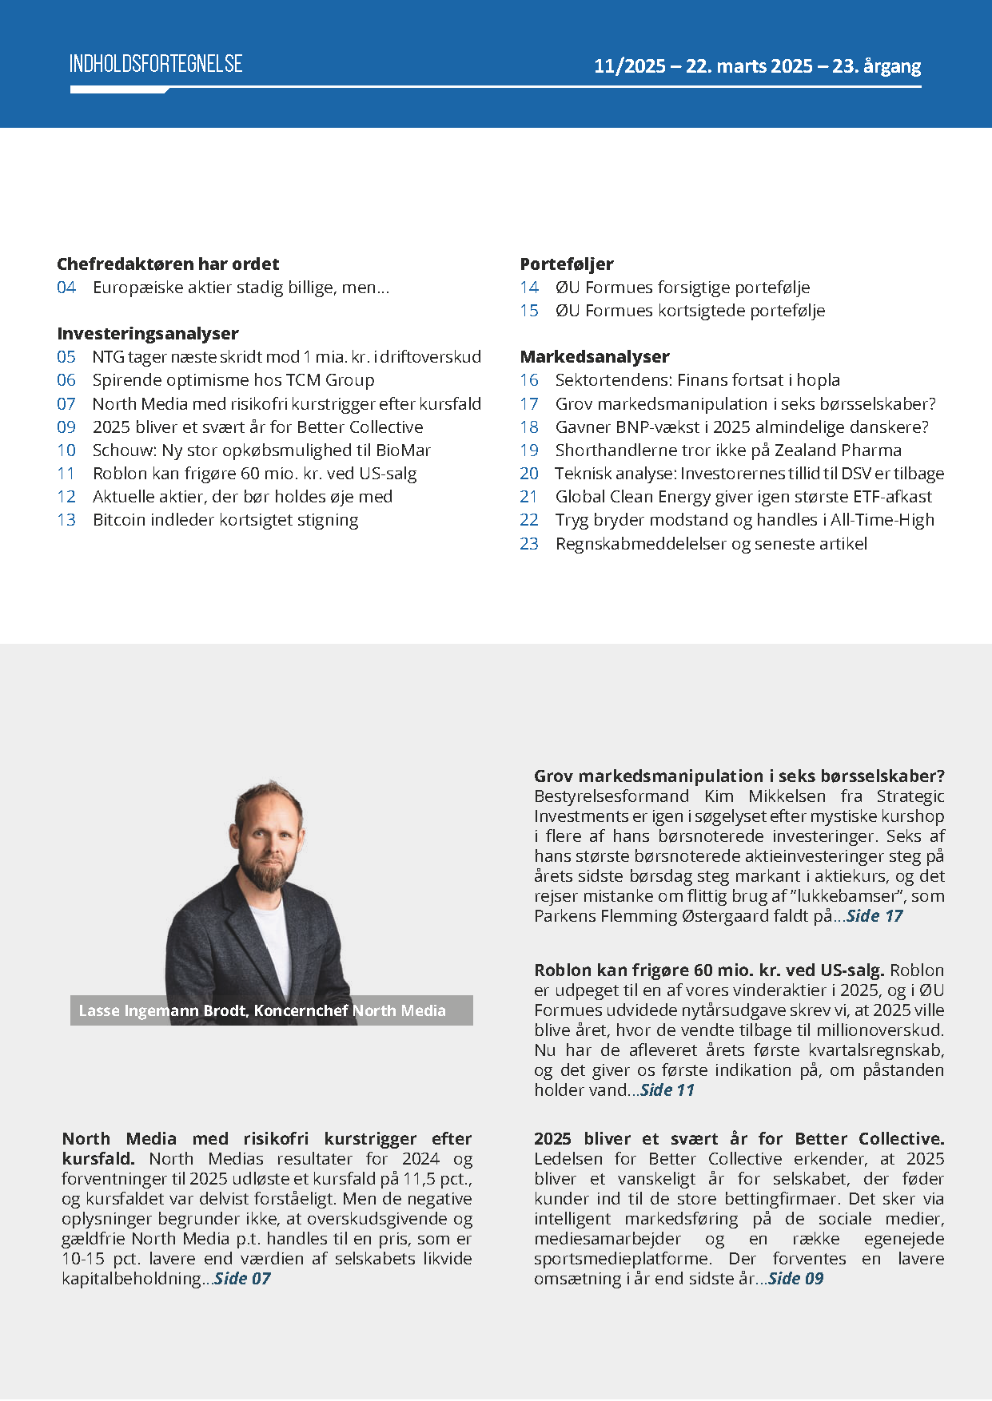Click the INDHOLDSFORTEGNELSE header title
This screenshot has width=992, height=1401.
tap(156, 64)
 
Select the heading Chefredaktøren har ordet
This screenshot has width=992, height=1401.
tap(168, 264)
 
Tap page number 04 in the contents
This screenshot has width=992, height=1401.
tap(66, 288)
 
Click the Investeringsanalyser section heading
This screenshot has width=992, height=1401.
tap(148, 334)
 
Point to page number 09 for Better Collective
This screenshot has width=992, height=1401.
tap(66, 427)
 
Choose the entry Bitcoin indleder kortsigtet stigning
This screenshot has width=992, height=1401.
tap(225, 520)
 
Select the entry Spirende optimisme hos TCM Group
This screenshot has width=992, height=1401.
tap(233, 380)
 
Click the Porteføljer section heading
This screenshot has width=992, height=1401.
tap(567, 264)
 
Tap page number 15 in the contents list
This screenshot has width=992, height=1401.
tap(529, 311)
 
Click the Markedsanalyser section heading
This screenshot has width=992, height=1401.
tap(595, 357)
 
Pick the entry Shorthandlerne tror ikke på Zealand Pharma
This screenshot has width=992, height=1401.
tap(728, 450)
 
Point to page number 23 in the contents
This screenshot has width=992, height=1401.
tap(529, 544)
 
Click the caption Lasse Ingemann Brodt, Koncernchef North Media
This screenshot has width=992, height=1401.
tap(262, 1010)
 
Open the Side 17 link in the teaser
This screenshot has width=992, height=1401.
tap(874, 916)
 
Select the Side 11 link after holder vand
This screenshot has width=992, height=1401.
tap(667, 1090)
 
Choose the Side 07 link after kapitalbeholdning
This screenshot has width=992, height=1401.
tap(242, 1279)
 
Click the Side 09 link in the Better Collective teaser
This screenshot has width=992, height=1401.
tap(795, 1279)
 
